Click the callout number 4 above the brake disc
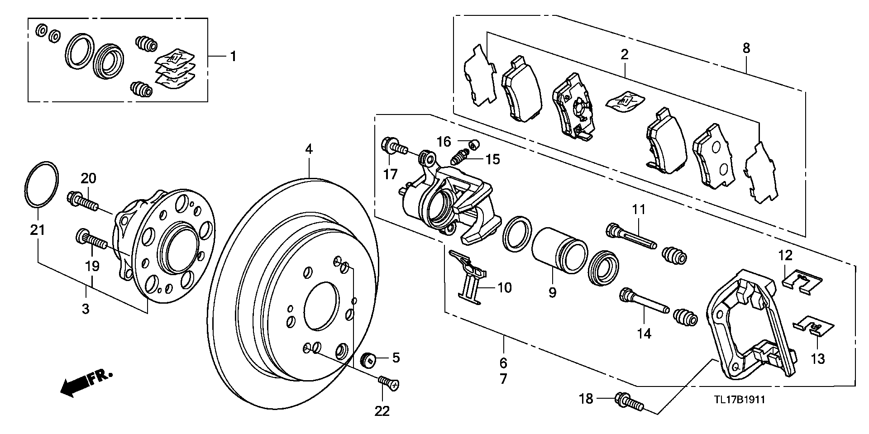[x=309, y=149]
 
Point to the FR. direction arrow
[x=86, y=384]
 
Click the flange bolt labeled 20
[x=84, y=202]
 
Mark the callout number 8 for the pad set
[x=746, y=48]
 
